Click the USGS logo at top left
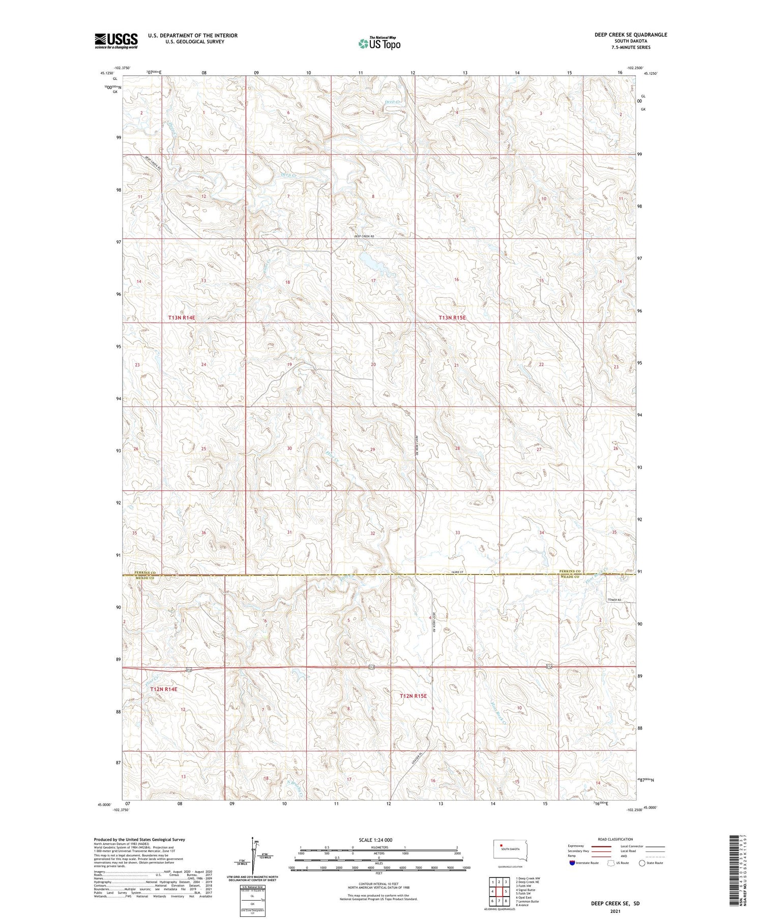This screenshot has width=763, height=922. point(116,41)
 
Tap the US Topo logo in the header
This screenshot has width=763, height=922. point(379,44)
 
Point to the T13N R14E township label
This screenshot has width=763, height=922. point(182,317)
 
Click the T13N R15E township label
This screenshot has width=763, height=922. point(452,317)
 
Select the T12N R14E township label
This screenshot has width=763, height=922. point(160,689)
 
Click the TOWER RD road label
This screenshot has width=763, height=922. point(614,600)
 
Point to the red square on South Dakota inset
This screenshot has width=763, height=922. point(501,846)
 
